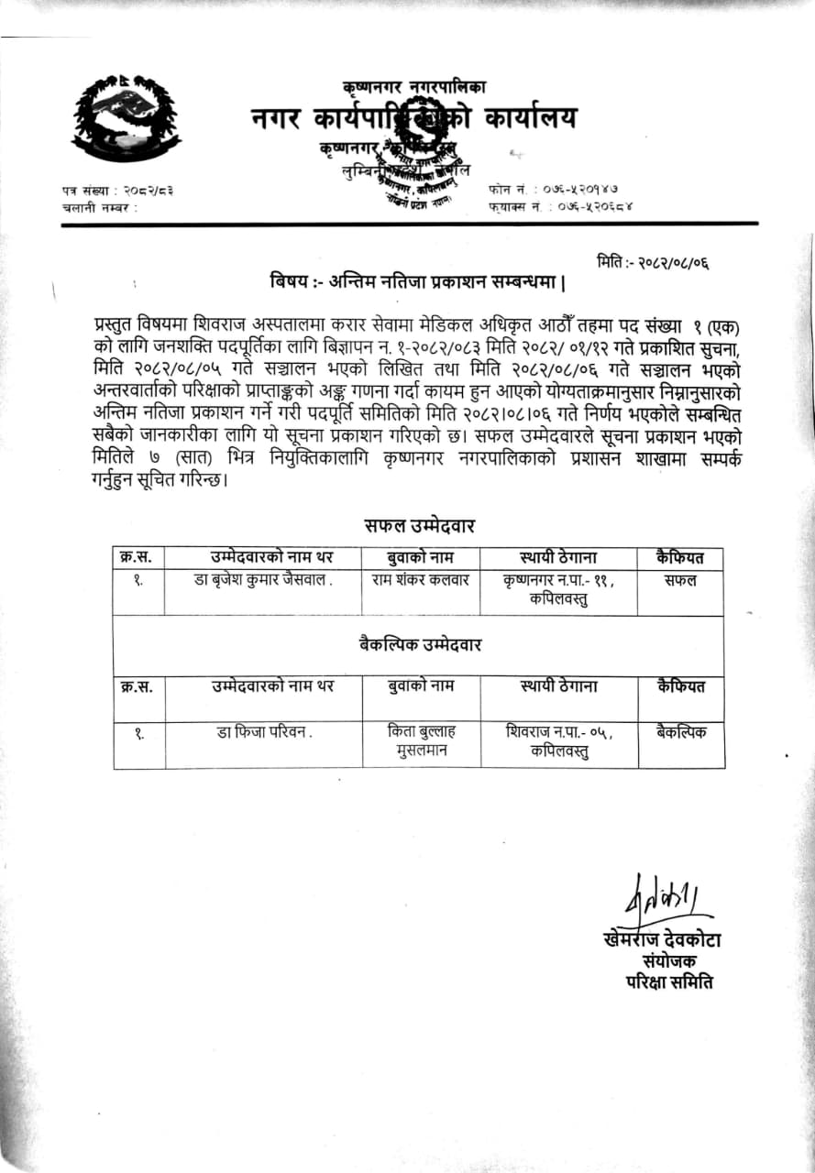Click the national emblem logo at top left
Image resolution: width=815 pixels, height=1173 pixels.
pos(126,116)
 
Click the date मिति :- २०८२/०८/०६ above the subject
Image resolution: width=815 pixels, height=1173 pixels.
pos(653,263)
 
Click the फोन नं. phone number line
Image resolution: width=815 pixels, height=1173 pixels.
pos(560,189)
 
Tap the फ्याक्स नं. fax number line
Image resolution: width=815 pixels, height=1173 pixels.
pos(560,207)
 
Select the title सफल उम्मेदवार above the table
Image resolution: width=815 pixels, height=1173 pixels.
pos(418,525)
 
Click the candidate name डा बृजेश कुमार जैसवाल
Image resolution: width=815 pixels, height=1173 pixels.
pos(263,580)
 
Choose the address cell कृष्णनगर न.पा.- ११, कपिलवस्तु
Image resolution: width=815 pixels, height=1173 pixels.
pos(558,589)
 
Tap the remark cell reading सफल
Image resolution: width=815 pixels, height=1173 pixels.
pos(681,580)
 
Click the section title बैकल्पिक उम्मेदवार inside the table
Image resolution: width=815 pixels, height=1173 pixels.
pos(420,644)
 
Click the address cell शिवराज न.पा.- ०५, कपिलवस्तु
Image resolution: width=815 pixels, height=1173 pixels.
pos(558,741)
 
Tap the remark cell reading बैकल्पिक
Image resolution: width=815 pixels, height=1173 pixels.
pos(681,731)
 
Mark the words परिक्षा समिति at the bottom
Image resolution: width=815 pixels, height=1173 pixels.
pos(668,981)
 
